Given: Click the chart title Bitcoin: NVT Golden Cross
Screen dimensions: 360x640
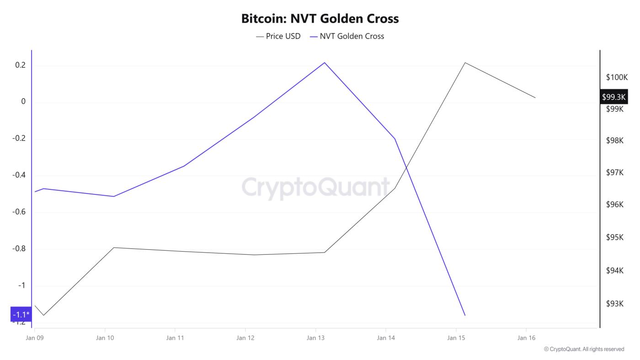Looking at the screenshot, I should coord(320,19).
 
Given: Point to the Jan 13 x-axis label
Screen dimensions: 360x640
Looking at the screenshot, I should coord(315,338).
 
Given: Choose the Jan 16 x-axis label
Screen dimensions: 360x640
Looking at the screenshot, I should coord(526,338).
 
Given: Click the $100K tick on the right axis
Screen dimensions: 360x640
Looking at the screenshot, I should coord(617,77).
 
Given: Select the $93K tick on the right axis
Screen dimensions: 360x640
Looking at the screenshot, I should coord(615,304).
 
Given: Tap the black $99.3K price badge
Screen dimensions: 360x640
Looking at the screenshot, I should coord(613,97).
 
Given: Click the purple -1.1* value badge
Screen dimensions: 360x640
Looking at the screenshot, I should coord(21,314).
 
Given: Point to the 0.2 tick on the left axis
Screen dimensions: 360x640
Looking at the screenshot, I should coord(20,65).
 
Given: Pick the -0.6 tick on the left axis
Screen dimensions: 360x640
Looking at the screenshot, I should coord(19,212).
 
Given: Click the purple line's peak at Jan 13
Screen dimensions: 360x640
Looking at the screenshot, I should coord(325,63).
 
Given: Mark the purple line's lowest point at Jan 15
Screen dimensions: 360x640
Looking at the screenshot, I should coord(465,315).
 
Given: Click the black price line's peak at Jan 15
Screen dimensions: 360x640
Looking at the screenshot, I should coord(465,63).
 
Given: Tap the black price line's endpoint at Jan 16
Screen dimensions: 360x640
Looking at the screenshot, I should coord(535,97).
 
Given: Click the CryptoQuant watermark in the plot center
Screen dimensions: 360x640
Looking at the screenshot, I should coord(315,187).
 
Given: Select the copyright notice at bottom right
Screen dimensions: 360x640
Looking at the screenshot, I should coord(584,349).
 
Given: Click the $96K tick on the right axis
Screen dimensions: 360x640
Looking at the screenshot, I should coord(615,204).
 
